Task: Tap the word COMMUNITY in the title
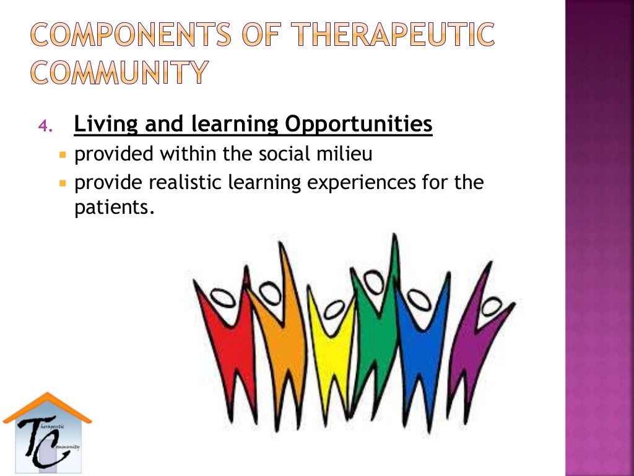[x=119, y=73]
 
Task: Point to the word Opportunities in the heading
[x=358, y=125]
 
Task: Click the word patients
[x=113, y=208]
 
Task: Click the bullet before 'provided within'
[x=63, y=154]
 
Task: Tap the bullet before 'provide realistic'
[x=63, y=184]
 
